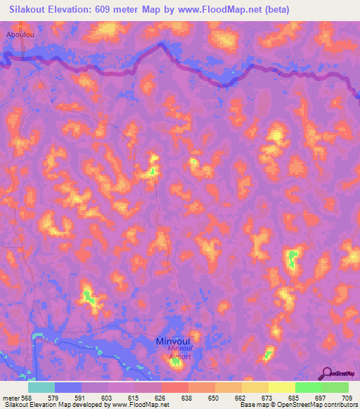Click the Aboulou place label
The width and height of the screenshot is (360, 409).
coord(19,33)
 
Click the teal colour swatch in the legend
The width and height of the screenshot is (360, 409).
coord(41,387)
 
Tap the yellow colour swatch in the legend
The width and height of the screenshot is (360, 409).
coord(281,387)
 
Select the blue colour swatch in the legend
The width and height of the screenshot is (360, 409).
coord(68,387)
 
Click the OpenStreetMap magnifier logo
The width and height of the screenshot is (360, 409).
coord(325,373)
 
